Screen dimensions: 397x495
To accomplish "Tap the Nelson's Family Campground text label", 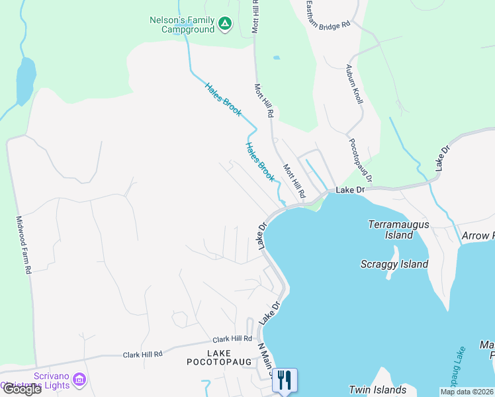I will pyautogui.click(x=183, y=24).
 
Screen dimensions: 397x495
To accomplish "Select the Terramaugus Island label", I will pyautogui.click(x=398, y=230).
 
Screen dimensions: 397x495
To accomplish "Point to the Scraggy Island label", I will pyautogui.click(x=394, y=264).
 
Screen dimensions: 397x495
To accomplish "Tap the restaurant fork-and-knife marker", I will pyautogui.click(x=285, y=380).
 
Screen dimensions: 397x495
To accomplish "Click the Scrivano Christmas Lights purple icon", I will pyautogui.click(x=80, y=380).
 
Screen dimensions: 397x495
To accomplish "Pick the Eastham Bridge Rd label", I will pyautogui.click(x=328, y=15).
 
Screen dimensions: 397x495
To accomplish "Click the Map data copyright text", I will pyautogui.click(x=467, y=392).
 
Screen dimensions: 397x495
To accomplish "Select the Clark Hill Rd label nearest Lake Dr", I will pyautogui.click(x=232, y=339).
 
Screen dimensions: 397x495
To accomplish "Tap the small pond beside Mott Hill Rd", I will pyautogui.click(x=276, y=58).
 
